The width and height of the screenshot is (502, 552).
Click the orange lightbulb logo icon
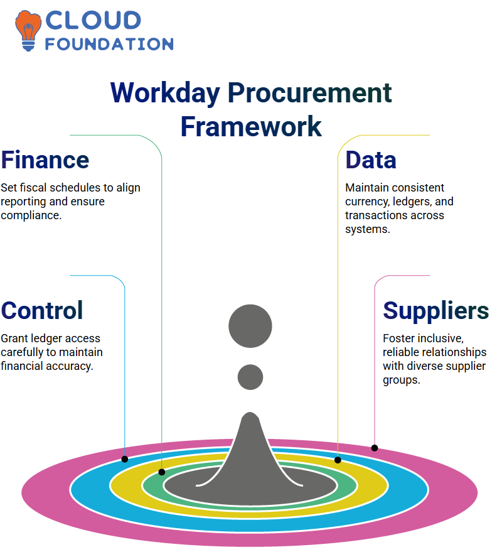pyautogui.click(x=28, y=31)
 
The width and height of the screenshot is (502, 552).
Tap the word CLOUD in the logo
pyautogui.click(x=93, y=20)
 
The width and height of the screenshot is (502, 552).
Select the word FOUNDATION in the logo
pyautogui.click(x=109, y=44)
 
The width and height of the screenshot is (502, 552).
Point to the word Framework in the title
pyautogui.click(x=251, y=126)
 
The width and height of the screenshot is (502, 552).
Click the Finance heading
pyautogui.click(x=45, y=160)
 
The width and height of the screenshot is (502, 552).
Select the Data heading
pyautogui.click(x=371, y=160)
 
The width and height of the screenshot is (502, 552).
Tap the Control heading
pyautogui.click(x=42, y=310)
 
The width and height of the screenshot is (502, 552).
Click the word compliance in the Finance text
pyautogui.click(x=31, y=215)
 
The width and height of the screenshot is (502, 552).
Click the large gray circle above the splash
pyautogui.click(x=250, y=326)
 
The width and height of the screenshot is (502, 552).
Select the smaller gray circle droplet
pyautogui.click(x=250, y=377)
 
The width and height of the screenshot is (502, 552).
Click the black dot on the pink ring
pyautogui.click(x=375, y=448)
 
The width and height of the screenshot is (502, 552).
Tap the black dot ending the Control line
pyautogui.click(x=124, y=459)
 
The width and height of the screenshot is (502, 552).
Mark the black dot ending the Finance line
pyautogui.click(x=162, y=472)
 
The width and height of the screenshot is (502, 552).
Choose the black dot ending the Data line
pyautogui.click(x=338, y=460)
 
